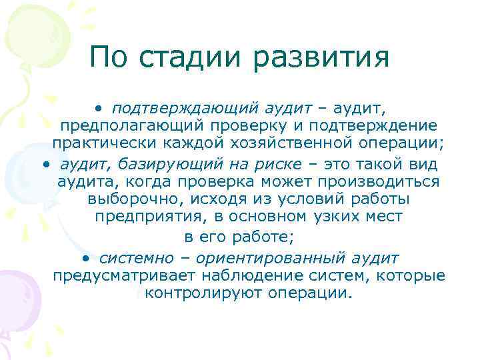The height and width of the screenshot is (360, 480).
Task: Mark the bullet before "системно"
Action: click(x=86, y=257)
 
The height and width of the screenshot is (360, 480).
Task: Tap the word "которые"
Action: click(x=414, y=275)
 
